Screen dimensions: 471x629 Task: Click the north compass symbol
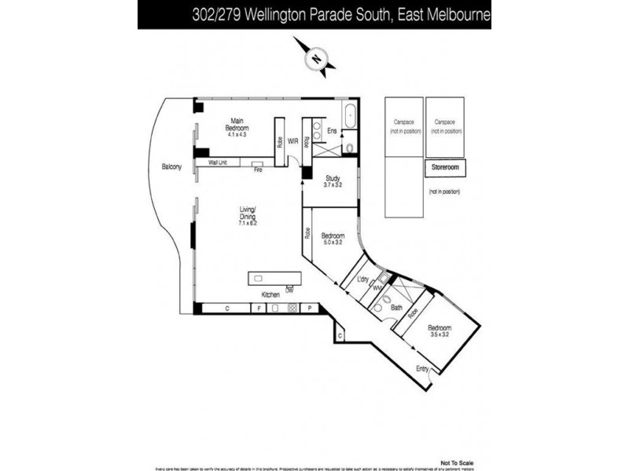[x=316, y=57]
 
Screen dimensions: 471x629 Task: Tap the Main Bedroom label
[x=237, y=128]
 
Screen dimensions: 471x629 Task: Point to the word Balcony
[x=171, y=167]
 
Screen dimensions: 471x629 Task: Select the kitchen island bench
[x=274, y=279]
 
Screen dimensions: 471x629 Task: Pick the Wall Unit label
[x=218, y=162]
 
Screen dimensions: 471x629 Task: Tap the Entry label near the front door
[x=422, y=369]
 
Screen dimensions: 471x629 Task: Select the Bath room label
[x=386, y=308]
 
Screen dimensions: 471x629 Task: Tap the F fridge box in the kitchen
[x=256, y=309]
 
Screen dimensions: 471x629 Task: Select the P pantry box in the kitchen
[x=310, y=309]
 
